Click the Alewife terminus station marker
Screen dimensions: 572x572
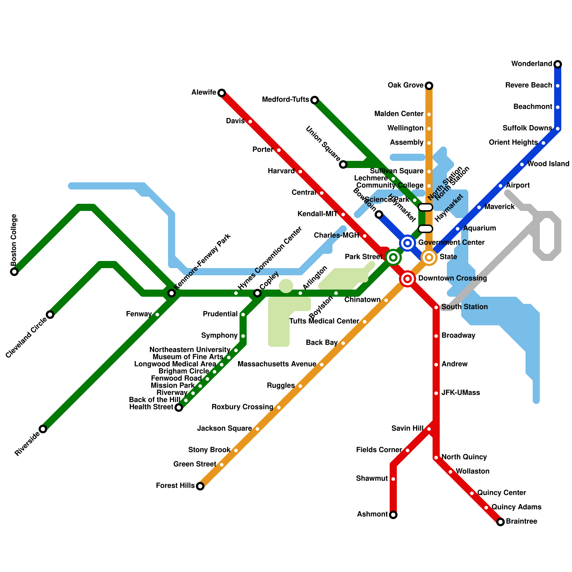point(222,93)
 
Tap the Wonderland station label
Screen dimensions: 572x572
point(532,64)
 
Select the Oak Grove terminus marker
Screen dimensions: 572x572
point(429,86)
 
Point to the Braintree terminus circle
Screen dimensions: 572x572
point(500,522)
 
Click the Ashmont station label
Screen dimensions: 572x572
point(372,514)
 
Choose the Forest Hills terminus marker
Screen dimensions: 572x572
point(200,486)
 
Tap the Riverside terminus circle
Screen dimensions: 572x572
point(43,429)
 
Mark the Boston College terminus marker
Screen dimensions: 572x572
point(14,272)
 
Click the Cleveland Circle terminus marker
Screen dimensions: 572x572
point(50,315)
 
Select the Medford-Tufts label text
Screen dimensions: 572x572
point(285,99)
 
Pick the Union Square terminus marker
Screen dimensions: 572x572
point(343,164)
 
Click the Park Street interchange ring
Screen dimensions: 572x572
point(393,257)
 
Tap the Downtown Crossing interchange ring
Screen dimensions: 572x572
point(408,279)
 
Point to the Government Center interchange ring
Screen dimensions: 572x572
point(408,243)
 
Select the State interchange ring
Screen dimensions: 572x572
point(429,257)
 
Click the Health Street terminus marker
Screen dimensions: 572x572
point(179,408)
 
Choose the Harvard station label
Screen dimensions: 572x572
point(281,171)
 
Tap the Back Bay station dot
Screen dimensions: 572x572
point(343,343)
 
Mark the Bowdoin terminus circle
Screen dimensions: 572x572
point(379,214)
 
